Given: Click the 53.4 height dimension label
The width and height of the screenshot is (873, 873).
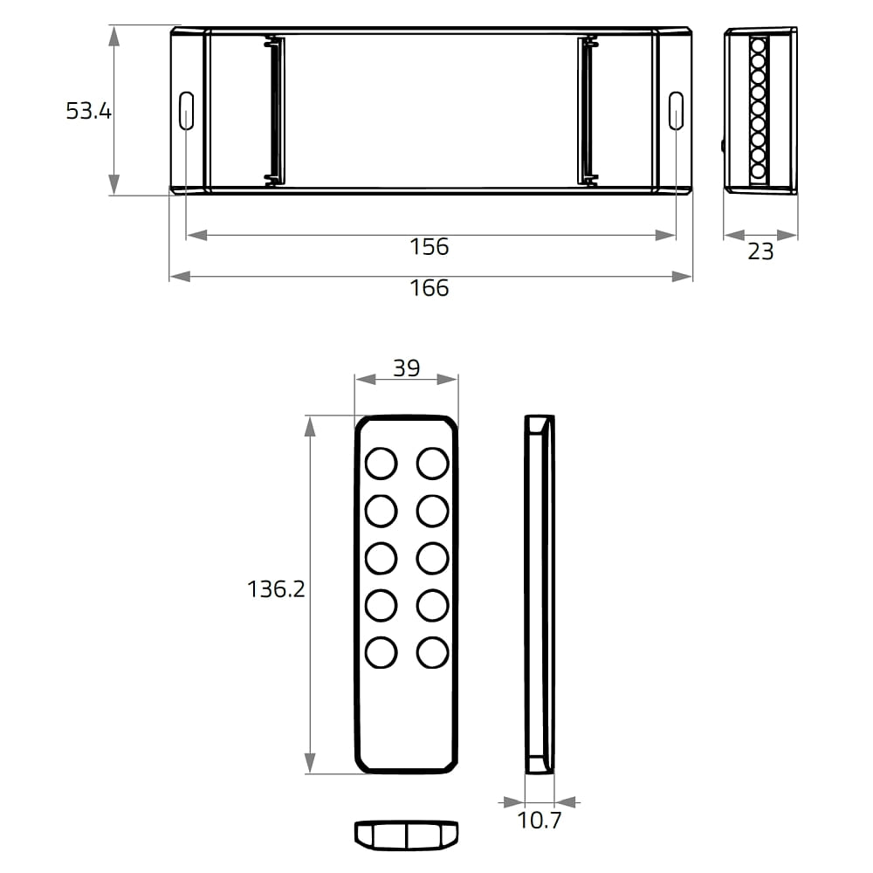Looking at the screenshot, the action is click(x=88, y=111).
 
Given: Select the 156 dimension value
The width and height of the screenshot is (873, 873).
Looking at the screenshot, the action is click(x=429, y=246).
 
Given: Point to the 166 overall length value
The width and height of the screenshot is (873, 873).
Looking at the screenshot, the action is click(x=429, y=288).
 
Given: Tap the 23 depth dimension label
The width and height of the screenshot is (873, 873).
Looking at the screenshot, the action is click(x=760, y=251).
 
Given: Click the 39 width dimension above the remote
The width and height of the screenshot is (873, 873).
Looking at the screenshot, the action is click(x=407, y=368).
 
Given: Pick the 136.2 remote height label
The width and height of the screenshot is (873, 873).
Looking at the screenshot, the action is click(x=276, y=589).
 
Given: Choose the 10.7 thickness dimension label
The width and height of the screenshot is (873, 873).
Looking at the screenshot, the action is click(x=540, y=820).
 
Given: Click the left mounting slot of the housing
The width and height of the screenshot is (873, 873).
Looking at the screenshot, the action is click(x=186, y=111).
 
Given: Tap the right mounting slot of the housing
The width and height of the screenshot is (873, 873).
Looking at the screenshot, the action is click(x=676, y=111).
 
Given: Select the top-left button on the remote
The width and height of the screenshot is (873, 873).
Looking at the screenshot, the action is click(x=382, y=464).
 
